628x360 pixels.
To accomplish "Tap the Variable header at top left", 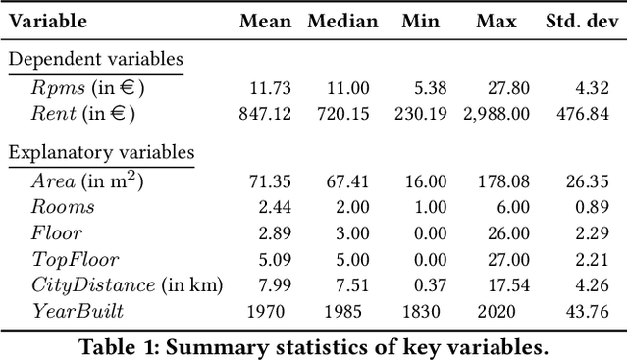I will pos(48,21).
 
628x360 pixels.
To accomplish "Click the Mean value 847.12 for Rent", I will pos(265,113).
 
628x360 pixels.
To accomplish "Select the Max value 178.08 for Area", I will pos(502,181).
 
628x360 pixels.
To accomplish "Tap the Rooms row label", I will pos(63,207).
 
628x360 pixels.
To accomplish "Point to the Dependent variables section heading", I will pos(95,59).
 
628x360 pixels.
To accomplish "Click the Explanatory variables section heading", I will pos(101,152).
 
